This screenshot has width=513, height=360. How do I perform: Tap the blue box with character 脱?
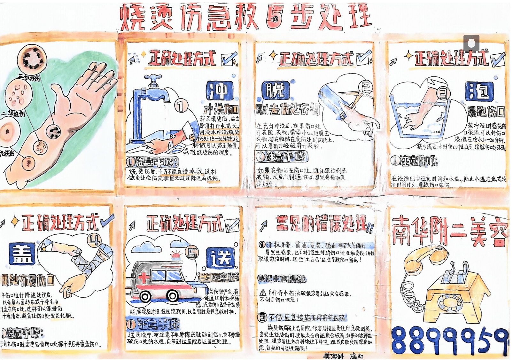tap(275, 90)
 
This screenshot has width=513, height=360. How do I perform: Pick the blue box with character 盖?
tap(22, 254)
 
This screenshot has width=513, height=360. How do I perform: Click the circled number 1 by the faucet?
tap(181, 106)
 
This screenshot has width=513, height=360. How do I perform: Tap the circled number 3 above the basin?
tap(443, 94)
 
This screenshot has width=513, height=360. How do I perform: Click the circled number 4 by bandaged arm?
tap(94, 240)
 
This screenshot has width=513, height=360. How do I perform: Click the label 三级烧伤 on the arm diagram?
tap(29, 78)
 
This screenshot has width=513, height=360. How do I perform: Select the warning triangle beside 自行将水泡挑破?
tap(263, 293)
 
